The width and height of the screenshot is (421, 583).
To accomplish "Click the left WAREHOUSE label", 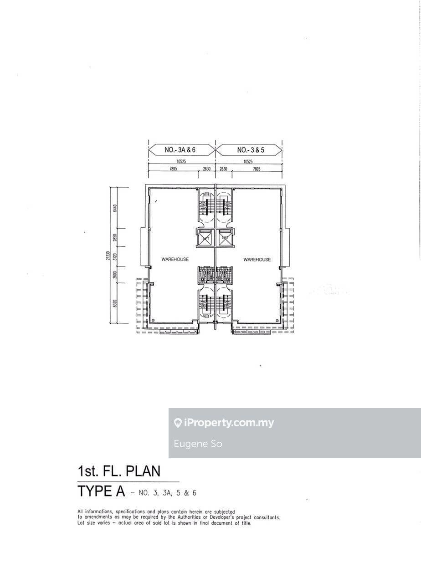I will (x=175, y=260).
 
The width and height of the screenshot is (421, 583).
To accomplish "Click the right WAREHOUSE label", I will (x=257, y=260).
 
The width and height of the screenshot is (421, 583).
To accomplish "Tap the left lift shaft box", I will (x=205, y=237).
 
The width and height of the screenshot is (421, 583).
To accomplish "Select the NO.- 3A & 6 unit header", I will (x=180, y=150).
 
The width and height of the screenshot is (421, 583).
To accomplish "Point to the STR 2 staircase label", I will (x=206, y=194).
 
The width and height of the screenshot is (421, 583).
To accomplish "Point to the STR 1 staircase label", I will (x=206, y=316).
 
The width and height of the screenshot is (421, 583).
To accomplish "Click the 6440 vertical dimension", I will (x=115, y=208).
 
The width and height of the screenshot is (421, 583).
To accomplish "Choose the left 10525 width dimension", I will (x=181, y=161).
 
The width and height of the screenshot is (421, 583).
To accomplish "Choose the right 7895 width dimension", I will (x=257, y=169).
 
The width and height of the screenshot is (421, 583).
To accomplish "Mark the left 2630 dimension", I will (x=206, y=169).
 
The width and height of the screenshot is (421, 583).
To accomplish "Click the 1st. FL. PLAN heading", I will (x=119, y=470).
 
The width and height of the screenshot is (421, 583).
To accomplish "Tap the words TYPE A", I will (x=101, y=491).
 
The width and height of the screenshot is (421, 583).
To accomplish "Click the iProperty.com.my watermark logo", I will (x=224, y=423).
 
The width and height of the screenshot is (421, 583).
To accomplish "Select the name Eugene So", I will (x=198, y=444).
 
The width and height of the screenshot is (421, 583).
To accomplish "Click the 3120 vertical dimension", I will (x=115, y=257).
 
